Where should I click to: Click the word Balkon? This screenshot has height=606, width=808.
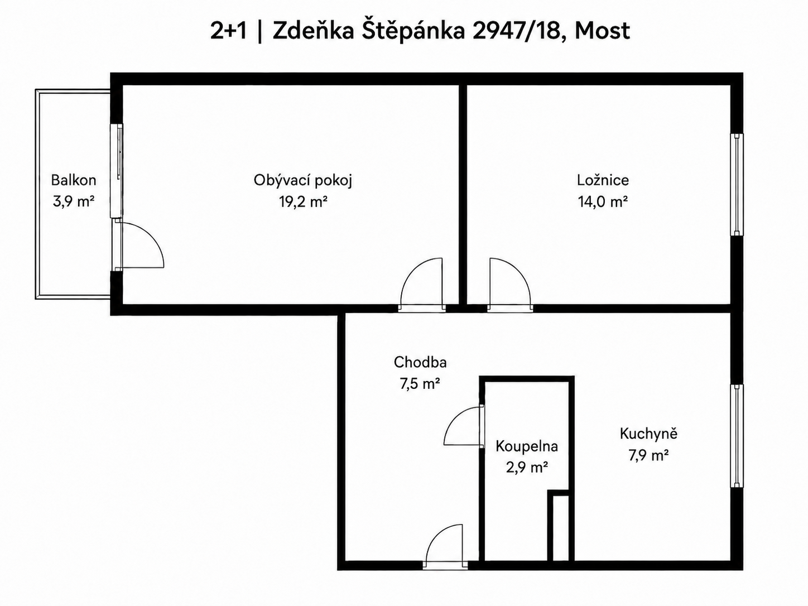tap(74, 180)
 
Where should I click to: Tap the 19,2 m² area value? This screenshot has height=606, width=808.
tap(303, 201)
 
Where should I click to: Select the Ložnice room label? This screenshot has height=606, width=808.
tap(603, 180)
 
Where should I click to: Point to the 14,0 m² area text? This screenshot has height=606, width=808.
tap(603, 201)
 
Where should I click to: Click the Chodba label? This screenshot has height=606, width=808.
tap(420, 362)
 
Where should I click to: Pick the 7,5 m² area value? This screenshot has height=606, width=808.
tap(420, 384)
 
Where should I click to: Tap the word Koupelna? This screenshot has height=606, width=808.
tap(527, 446)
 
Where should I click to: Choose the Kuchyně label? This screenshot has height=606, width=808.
tap(648, 434)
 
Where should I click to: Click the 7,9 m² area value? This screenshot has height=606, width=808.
tap(648, 456)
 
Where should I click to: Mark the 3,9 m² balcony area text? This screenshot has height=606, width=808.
tap(74, 201)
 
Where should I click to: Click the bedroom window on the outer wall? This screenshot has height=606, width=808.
tap(736, 184)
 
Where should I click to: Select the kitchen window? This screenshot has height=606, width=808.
tap(736, 436)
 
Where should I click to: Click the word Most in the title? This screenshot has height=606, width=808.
tap(602, 31)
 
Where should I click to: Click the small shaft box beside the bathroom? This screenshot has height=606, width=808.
tap(561, 530)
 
